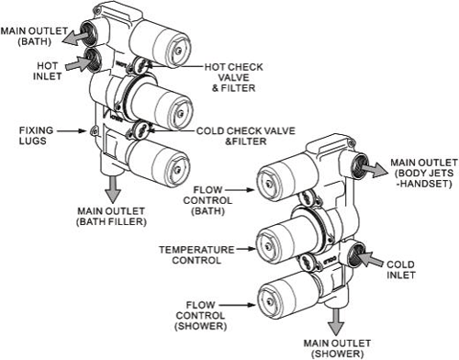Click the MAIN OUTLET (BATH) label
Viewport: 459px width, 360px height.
pos(33,35)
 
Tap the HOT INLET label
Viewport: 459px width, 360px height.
pos(47,70)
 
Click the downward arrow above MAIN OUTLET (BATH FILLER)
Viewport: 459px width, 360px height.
pos(114,187)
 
